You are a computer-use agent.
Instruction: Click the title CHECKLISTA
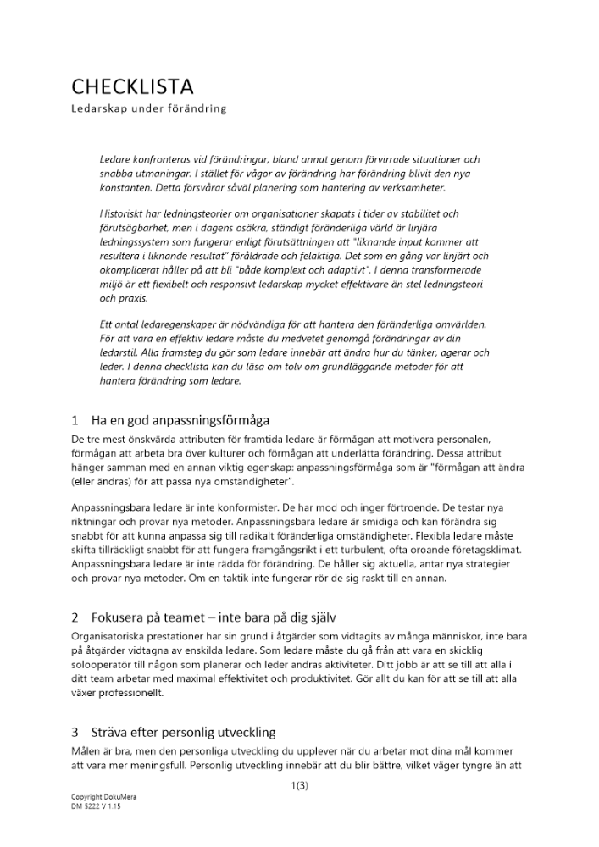[x=132, y=86]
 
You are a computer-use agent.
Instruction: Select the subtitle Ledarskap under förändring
[x=149, y=109]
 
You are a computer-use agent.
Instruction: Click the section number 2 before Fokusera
[x=75, y=618]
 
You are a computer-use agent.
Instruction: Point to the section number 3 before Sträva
[x=75, y=733]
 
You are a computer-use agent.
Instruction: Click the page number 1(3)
[x=298, y=785]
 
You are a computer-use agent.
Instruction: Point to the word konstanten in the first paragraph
[x=126, y=188]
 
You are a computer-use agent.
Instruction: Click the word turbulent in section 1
[x=368, y=549]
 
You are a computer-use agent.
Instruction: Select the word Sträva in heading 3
[x=109, y=733]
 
